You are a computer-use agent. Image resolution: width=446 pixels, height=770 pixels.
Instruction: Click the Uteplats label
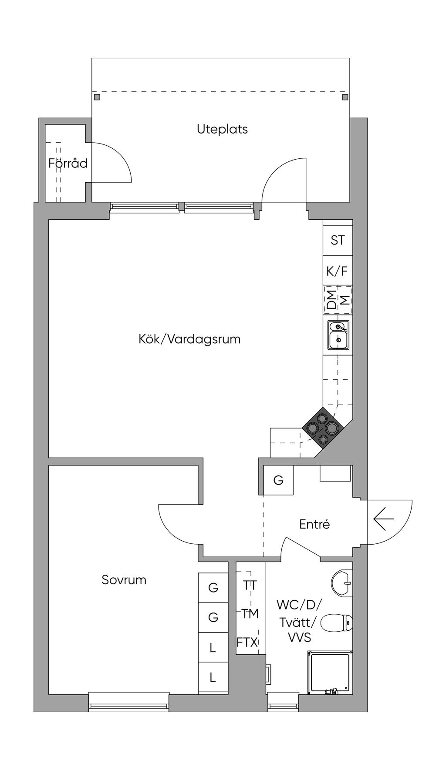pos(222,129)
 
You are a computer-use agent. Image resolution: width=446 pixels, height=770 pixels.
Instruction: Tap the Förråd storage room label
pos(68,163)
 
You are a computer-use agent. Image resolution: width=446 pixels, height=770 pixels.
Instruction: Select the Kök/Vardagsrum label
pos(189,339)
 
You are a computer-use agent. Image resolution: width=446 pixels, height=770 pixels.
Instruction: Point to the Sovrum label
pos(124,580)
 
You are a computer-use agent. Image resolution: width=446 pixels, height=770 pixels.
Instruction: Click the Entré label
pos(314,524)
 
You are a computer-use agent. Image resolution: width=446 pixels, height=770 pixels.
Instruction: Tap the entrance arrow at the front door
pos(384,519)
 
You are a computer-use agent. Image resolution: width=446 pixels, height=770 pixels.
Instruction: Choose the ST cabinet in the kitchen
pos(338,240)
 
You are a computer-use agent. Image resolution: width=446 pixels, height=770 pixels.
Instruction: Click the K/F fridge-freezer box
pos(338,271)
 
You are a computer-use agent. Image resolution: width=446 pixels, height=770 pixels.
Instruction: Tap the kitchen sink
pos(338,335)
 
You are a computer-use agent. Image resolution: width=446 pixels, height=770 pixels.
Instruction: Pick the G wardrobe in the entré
pos(278,480)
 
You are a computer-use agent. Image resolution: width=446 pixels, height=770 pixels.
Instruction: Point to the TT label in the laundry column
pos(250,586)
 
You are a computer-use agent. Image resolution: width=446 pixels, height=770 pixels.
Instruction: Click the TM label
pos(250,614)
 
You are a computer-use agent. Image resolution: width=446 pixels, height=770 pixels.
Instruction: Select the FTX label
pos(247,642)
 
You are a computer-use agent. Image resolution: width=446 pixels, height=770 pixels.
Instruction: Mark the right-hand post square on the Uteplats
pos(345,97)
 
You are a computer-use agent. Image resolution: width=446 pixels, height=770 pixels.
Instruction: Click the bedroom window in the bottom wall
pos(129,702)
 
